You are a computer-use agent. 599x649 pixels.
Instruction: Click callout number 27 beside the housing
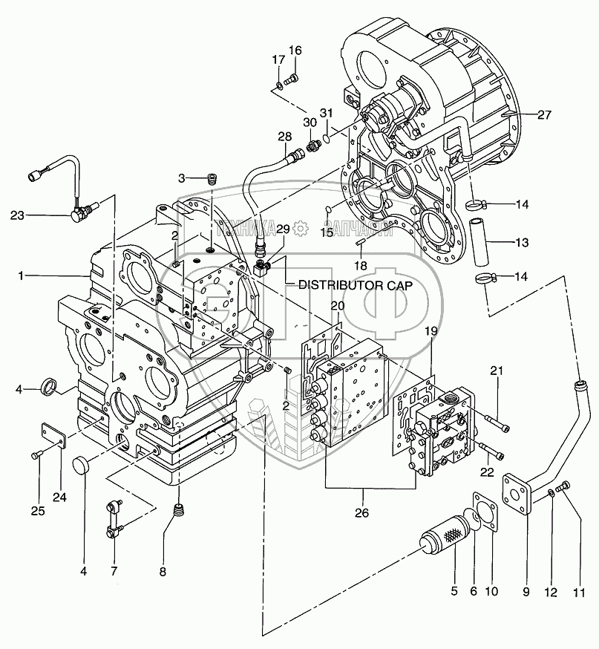(544, 114)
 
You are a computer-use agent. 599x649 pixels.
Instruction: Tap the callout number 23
(18, 215)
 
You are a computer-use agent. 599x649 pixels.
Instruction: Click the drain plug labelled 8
(177, 512)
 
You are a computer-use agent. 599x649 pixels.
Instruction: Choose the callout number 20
(337, 306)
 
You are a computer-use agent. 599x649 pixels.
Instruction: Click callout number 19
(431, 333)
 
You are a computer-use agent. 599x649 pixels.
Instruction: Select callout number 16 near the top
(295, 50)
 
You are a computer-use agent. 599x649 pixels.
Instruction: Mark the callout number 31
(327, 113)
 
